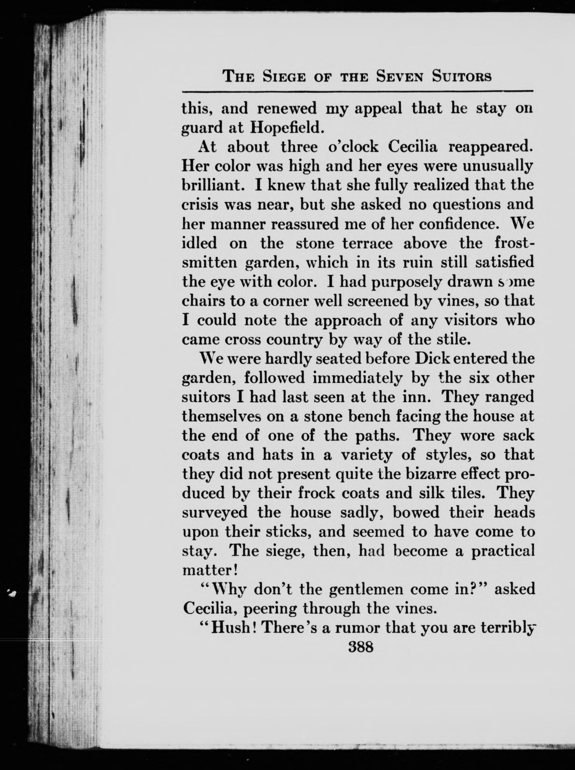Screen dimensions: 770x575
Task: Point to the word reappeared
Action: coord(491,147)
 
